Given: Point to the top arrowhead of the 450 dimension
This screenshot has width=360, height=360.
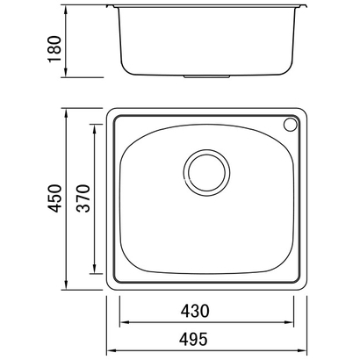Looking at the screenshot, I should coord(67,114).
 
